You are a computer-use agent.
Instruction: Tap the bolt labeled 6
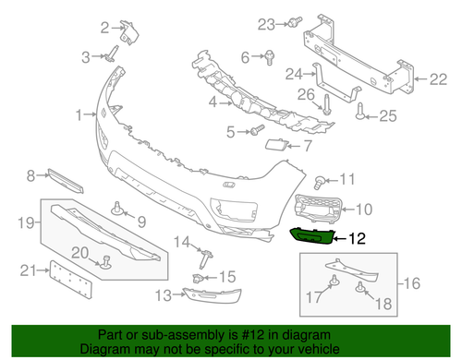[x=268, y=59]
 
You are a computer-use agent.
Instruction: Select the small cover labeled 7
[x=275, y=144]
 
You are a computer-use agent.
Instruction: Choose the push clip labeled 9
[x=119, y=208]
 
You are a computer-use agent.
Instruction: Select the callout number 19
[x=28, y=221]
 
